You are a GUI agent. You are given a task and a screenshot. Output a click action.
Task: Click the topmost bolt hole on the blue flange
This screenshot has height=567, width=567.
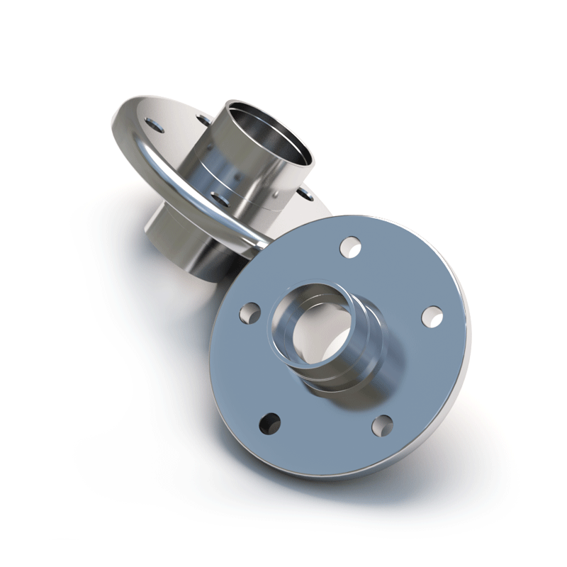tap(350, 247)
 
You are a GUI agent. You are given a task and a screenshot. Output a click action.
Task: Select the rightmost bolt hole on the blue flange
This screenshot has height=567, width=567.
tap(432, 316)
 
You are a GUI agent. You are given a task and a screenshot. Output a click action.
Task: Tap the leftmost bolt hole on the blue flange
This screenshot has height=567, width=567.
tap(249, 311)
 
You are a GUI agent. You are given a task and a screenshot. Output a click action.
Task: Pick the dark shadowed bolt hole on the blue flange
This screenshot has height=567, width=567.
tap(269, 423)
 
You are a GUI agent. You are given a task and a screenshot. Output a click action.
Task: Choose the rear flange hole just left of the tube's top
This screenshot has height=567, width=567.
tap(204, 118)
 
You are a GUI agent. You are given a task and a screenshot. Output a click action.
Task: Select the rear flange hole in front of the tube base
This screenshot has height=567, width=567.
tap(220, 199)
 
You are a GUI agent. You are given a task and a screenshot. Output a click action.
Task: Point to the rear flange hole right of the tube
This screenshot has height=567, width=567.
tap(304, 192)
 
